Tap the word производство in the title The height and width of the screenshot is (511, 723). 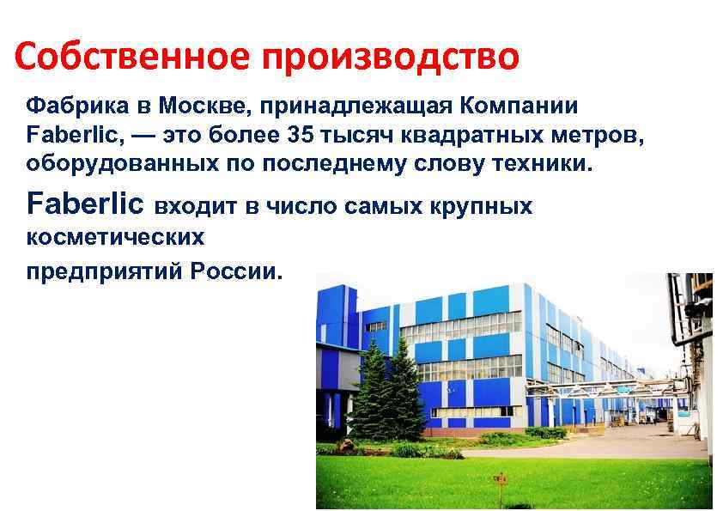(x=391, y=58)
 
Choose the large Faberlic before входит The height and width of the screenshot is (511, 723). (x=86, y=205)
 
